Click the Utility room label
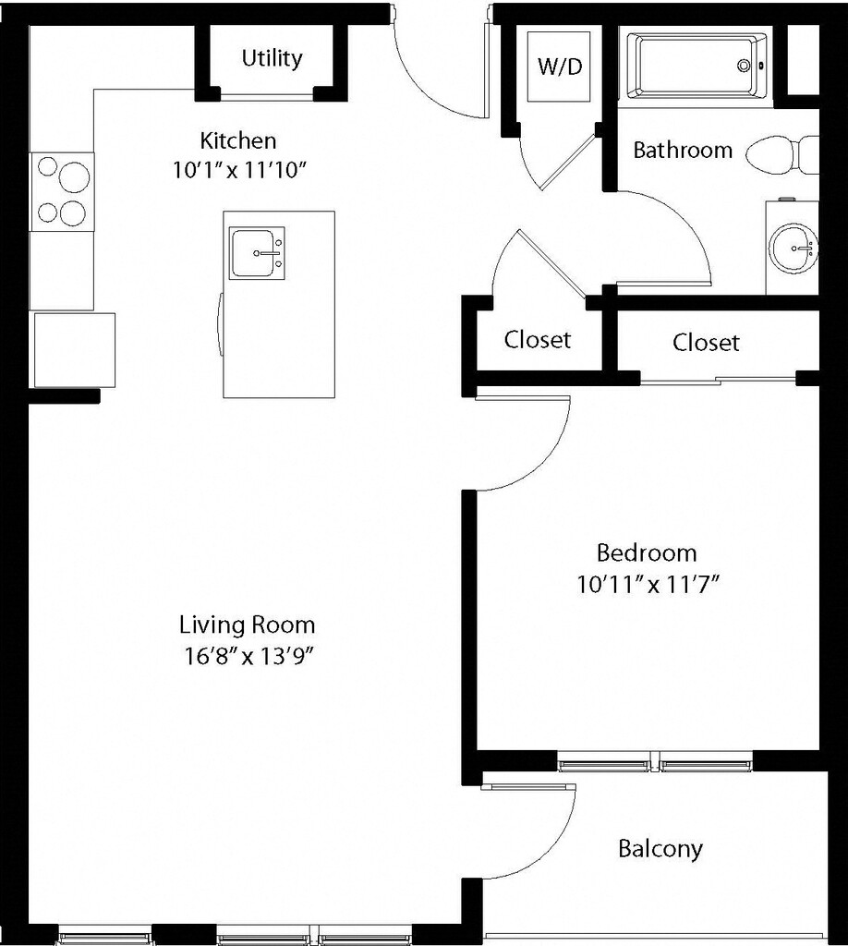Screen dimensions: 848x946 tap(272, 58)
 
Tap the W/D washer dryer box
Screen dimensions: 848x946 tap(559, 67)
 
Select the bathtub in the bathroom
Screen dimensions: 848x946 tap(696, 67)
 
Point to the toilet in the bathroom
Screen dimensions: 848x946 tap(782, 154)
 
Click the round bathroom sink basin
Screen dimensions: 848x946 tap(793, 248)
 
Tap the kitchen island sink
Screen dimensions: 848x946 tap(257, 253)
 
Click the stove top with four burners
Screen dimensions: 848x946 tap(62, 192)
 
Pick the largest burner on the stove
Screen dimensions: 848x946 tap(74, 176)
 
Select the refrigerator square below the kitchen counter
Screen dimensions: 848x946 tap(75, 350)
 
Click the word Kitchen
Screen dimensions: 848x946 tap(238, 140)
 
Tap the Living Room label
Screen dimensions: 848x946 tap(248, 625)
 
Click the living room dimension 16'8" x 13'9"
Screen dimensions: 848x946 tap(250, 656)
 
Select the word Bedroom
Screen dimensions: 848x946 tap(647, 552)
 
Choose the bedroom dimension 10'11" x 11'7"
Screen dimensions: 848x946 tap(649, 584)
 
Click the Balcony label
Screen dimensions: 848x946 tap(660, 849)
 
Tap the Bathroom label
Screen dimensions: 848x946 tap(683, 150)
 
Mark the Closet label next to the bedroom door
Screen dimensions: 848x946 tap(538, 340)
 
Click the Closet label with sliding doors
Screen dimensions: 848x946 tap(706, 343)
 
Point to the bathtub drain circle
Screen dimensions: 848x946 tap(745, 66)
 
